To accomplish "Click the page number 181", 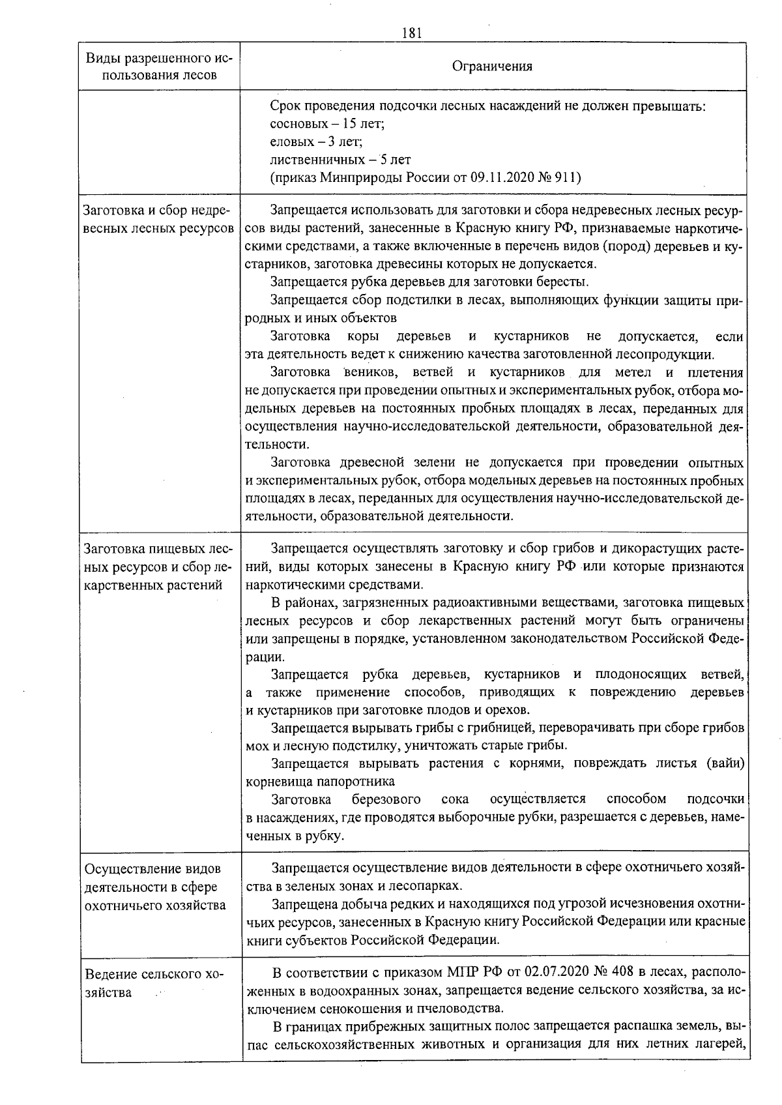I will point(413,33).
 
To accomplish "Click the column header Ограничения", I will point(492,66).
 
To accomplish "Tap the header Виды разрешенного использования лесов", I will point(160,66).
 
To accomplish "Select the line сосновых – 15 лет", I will point(327,123).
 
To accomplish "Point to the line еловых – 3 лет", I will point(316,141).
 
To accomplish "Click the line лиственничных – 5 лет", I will point(340,160).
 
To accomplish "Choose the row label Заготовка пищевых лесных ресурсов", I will point(160,567).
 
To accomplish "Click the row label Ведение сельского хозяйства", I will point(154,983).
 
